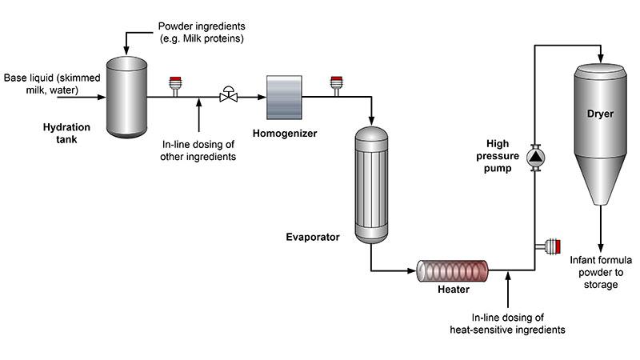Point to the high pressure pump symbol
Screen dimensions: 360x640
(536, 158)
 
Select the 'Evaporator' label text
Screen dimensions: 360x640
(314, 237)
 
